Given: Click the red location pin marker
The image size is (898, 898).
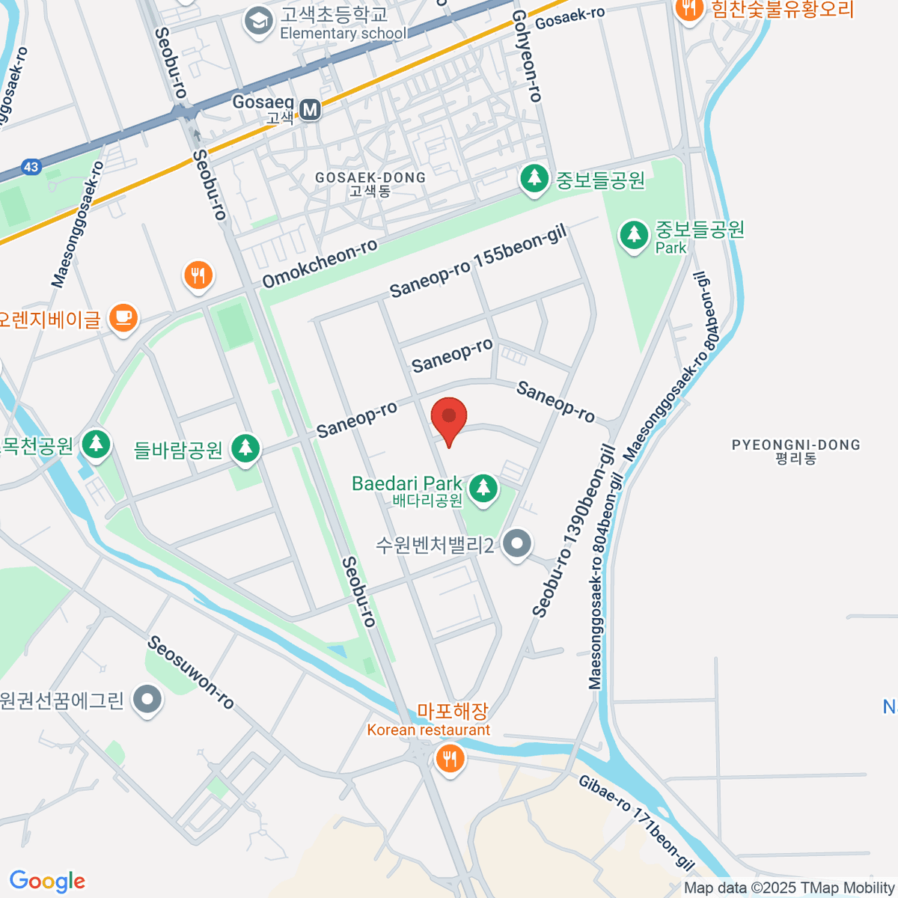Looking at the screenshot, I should [449, 418].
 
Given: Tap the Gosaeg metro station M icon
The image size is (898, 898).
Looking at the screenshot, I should [310, 110].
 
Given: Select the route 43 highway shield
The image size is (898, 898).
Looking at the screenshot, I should [31, 167].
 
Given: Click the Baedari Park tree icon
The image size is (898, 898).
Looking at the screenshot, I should [483, 487].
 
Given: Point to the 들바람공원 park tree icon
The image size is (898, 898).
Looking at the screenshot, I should [245, 448].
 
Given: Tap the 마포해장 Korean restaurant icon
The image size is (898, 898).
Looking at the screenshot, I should [449, 760].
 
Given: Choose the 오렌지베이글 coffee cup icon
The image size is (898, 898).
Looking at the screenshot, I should [123, 317].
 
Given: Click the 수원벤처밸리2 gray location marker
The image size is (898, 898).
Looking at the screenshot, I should [516, 543].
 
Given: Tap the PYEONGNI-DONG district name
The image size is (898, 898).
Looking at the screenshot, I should [795, 451].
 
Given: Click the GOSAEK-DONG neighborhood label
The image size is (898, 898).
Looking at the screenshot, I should [370, 183].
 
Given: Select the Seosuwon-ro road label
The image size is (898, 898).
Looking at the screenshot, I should [191, 672].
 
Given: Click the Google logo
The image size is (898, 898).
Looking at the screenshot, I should [47, 881].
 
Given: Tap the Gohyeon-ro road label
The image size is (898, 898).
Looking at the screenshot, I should [527, 56].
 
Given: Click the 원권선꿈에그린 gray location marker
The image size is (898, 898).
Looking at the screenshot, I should [147, 700].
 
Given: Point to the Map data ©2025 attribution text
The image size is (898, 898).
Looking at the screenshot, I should [789, 888].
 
